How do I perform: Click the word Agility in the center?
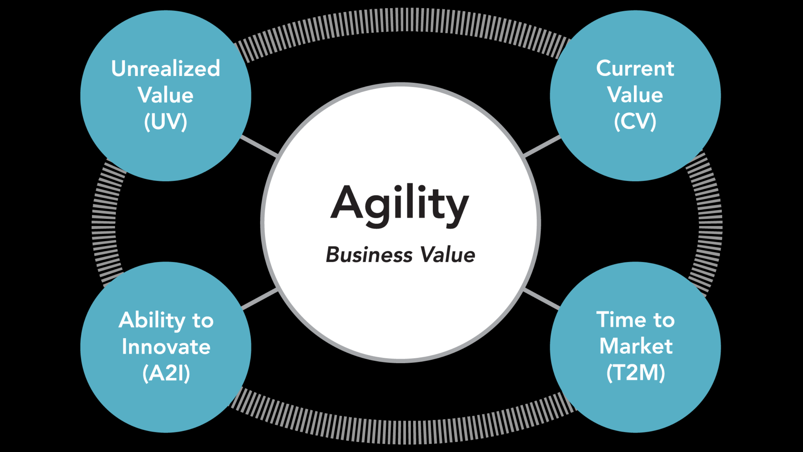[x=400, y=206]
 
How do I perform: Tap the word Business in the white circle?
[x=369, y=255]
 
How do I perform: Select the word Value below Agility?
[x=448, y=255]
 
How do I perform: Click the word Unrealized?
[x=166, y=68]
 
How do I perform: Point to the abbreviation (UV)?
[x=166, y=122]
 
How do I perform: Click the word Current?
[x=635, y=68]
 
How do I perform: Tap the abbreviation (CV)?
[x=635, y=121]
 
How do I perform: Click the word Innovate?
[x=166, y=347]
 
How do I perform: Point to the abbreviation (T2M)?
[x=636, y=373]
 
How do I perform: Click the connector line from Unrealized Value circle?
[x=259, y=146]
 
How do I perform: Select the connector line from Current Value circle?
[x=542, y=146]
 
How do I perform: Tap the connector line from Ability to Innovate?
[x=260, y=299]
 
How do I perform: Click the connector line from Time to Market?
[x=542, y=299]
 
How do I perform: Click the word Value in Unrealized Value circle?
[x=166, y=95]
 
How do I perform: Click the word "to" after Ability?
[x=203, y=321]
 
